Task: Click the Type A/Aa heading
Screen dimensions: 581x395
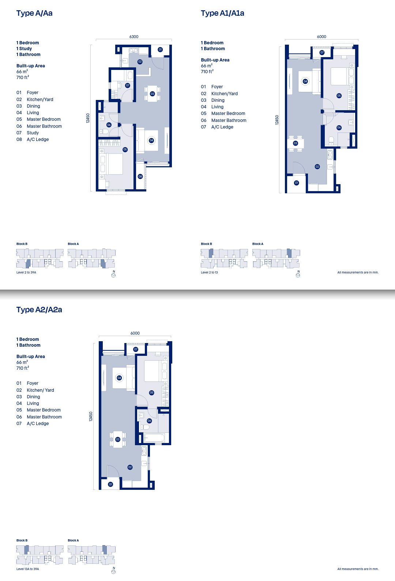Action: (34, 13)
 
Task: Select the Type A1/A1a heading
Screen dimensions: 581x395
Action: (222, 13)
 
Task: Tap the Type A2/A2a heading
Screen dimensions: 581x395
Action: (39, 310)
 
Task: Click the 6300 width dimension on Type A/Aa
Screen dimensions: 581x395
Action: (134, 37)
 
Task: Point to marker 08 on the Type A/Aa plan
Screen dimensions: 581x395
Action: (140, 176)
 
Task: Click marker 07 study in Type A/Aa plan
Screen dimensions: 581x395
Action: (128, 85)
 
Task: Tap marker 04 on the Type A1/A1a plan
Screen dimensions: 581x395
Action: (305, 81)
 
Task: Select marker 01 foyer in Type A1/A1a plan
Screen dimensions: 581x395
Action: (297, 183)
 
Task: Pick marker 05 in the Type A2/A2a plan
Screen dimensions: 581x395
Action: (152, 392)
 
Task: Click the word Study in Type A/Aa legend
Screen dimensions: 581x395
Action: (33, 133)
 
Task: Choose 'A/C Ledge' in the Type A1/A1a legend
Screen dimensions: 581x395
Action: (222, 127)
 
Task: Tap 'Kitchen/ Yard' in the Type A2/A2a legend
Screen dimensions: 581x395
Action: (40, 390)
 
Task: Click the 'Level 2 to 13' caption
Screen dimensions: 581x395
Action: (209, 272)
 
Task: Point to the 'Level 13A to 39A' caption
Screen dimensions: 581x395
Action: (27, 569)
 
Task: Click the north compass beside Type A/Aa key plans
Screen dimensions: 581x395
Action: (113, 275)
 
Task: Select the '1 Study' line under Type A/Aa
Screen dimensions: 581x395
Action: (24, 49)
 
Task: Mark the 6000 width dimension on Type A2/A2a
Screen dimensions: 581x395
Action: (135, 333)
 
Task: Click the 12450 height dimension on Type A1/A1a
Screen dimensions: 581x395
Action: (277, 120)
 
